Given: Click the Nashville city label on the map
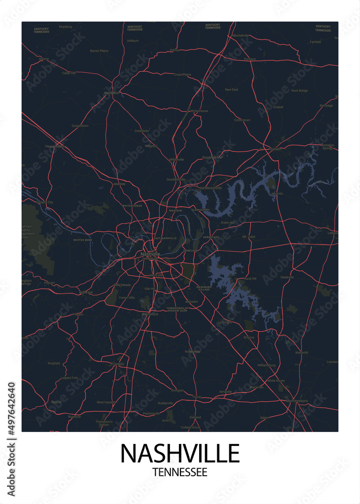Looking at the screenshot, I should tap(151, 254).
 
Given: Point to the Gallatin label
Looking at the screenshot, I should tap(275, 149).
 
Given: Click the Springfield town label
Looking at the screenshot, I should tap(112, 93).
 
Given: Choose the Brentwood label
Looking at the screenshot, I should tap(150, 314).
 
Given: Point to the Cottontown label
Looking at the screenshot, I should tap(242, 120).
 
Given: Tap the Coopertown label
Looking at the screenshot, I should tap(80, 125).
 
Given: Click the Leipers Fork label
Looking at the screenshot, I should tap(69, 377).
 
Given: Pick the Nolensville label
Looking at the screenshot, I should tap(193, 351).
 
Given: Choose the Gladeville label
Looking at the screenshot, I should tap(286, 277).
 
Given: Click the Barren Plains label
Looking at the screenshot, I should tap(99, 51).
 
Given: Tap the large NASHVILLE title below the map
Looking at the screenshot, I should tap(179, 454).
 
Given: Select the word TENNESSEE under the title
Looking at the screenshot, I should tap(179, 473).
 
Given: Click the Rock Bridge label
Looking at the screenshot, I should tap(299, 91).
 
